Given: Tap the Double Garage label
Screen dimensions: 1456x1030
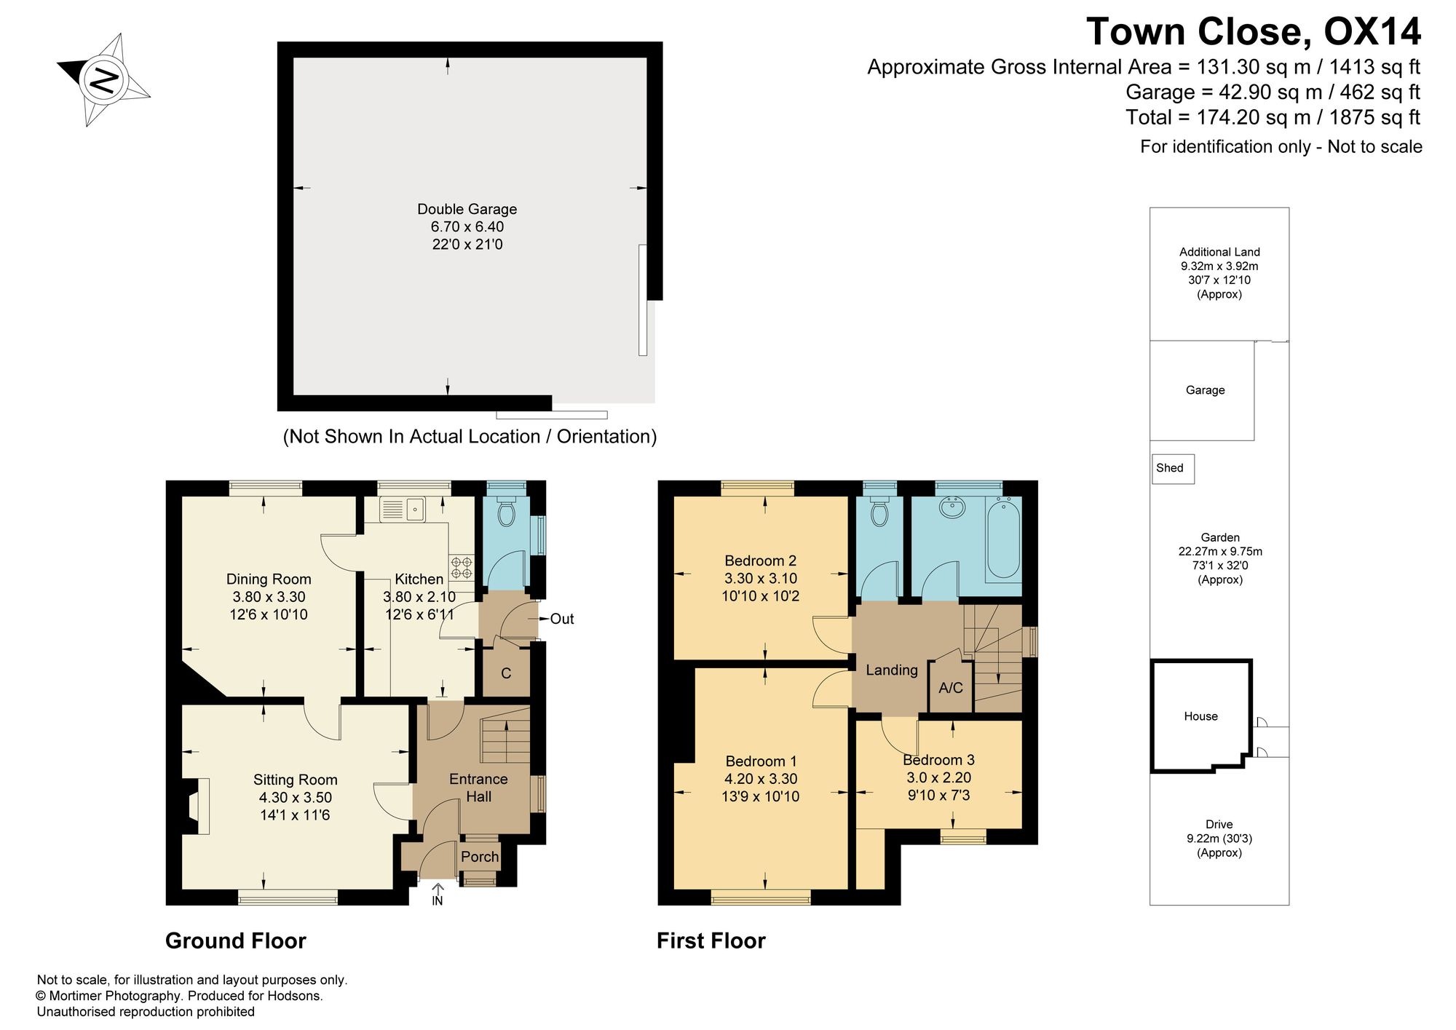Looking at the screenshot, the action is tap(467, 209).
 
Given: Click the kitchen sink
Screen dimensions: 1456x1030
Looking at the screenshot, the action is tap(403, 509).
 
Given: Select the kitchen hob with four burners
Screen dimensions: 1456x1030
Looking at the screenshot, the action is tap(461, 569).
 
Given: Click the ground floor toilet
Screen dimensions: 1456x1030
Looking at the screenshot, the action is tap(505, 512).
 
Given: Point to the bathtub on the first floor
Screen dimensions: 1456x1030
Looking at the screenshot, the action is tap(1003, 539).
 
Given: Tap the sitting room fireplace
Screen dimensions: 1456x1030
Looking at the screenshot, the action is tap(194, 806).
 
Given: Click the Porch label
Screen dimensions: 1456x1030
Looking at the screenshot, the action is tap(480, 857).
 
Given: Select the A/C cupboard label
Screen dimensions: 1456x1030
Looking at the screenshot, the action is tap(951, 688).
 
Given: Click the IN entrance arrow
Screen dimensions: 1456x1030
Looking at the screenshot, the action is tap(438, 895).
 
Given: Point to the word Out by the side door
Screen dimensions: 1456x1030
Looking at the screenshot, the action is tap(562, 619).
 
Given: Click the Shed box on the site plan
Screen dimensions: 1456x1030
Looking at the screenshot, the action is tap(1173, 469).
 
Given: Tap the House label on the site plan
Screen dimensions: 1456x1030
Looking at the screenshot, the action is tap(1200, 716).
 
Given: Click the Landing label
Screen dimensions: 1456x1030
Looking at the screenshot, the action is tap(892, 670).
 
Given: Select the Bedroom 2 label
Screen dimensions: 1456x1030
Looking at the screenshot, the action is tap(760, 560).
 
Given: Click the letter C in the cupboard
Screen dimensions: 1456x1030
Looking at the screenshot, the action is tap(506, 673).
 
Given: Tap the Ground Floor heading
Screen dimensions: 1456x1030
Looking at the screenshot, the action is tap(236, 941).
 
